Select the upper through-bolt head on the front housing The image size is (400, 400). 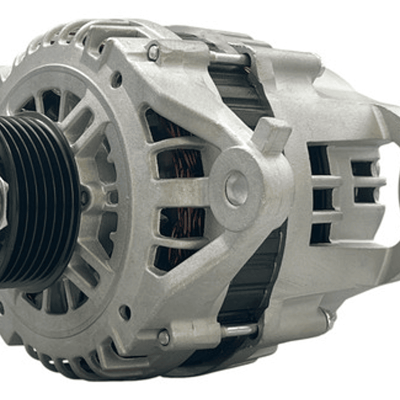[x=154, y=52]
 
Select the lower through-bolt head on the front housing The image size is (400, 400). [x=164, y=337]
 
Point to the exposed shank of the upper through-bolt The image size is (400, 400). [x=228, y=58]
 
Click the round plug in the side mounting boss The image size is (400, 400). [x=236, y=188]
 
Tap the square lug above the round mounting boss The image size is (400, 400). [x=271, y=134]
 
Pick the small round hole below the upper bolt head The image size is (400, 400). [x=116, y=80]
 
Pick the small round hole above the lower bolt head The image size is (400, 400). [x=125, y=312]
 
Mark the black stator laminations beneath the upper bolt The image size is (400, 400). [x=236, y=89]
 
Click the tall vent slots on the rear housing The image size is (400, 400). [x=319, y=195]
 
